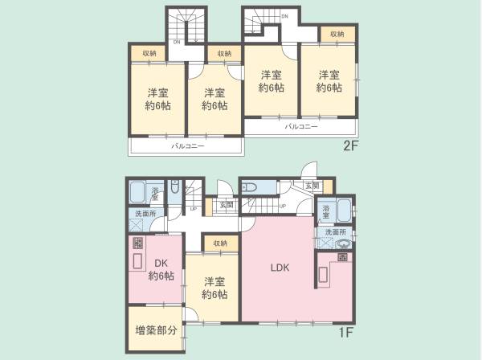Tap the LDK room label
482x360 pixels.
click(x=280, y=267)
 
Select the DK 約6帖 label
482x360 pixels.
click(x=161, y=268)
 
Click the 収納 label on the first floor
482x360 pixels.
click(x=220, y=242)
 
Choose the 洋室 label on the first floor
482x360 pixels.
click(x=213, y=288)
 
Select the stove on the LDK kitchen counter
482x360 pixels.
click(x=342, y=256)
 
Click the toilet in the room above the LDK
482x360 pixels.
click(x=249, y=186)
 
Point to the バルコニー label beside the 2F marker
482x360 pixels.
click(x=301, y=127)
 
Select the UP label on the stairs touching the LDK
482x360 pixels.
click(x=282, y=206)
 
